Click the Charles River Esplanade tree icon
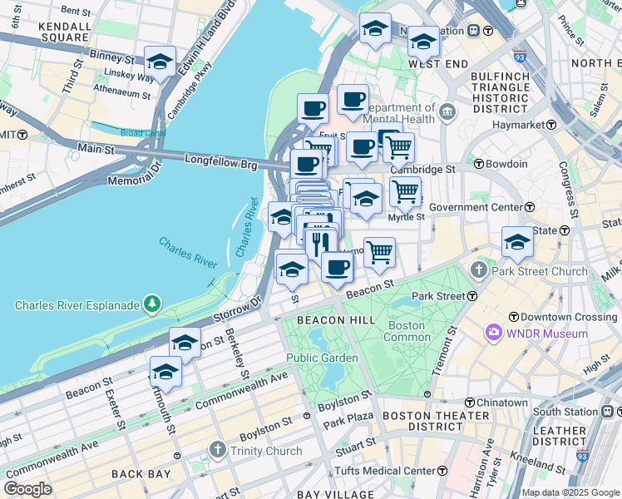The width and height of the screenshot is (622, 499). pyautogui.click(x=151, y=305)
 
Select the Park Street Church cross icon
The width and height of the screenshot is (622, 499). pyautogui.click(x=479, y=271)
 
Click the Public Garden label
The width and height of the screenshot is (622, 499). pyautogui.click(x=323, y=358)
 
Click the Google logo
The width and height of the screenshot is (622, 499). pyautogui.click(x=27, y=489)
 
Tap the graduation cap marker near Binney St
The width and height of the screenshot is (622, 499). pyautogui.click(x=160, y=62)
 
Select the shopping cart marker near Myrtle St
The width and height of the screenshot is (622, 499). pyautogui.click(x=405, y=190)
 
